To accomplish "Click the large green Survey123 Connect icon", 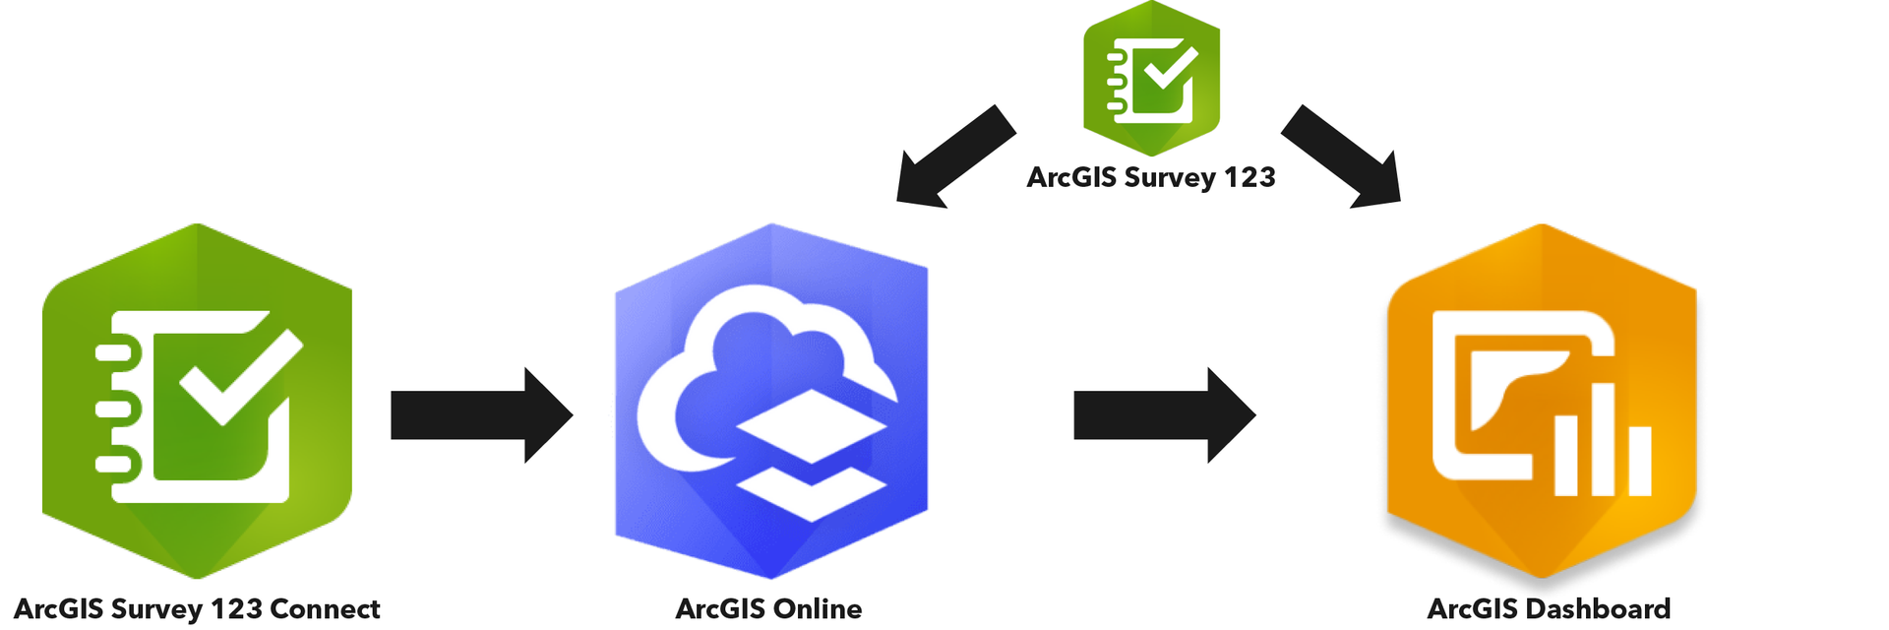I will tap(197, 402).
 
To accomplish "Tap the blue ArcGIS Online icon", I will tap(771, 402).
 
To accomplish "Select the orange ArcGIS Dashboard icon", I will tap(1541, 402).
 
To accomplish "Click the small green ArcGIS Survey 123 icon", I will tap(1151, 79).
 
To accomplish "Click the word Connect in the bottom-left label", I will tap(325, 609).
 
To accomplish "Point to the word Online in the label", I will tap(815, 609).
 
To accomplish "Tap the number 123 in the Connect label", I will tap(236, 609).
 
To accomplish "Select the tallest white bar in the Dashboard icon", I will tap(1604, 438).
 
